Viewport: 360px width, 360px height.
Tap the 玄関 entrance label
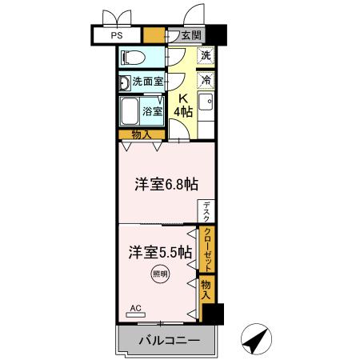pos(190,36)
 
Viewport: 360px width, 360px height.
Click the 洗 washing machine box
pos(206,57)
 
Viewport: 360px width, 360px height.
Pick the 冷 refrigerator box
pos(206,81)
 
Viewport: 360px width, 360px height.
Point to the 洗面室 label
pos(148,82)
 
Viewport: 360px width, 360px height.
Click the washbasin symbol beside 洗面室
pos(125,82)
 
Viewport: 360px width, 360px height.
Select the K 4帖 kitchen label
pos(184,106)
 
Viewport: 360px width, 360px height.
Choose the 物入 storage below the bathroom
pos(142,134)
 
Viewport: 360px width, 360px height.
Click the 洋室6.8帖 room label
pos(166,184)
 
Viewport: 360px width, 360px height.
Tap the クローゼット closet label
pos(206,249)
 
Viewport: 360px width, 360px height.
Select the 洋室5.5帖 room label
pos(159,251)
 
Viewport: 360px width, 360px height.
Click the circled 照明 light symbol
pos(159,274)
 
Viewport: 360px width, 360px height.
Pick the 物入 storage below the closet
pos(206,289)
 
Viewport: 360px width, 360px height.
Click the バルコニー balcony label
pos(166,340)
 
